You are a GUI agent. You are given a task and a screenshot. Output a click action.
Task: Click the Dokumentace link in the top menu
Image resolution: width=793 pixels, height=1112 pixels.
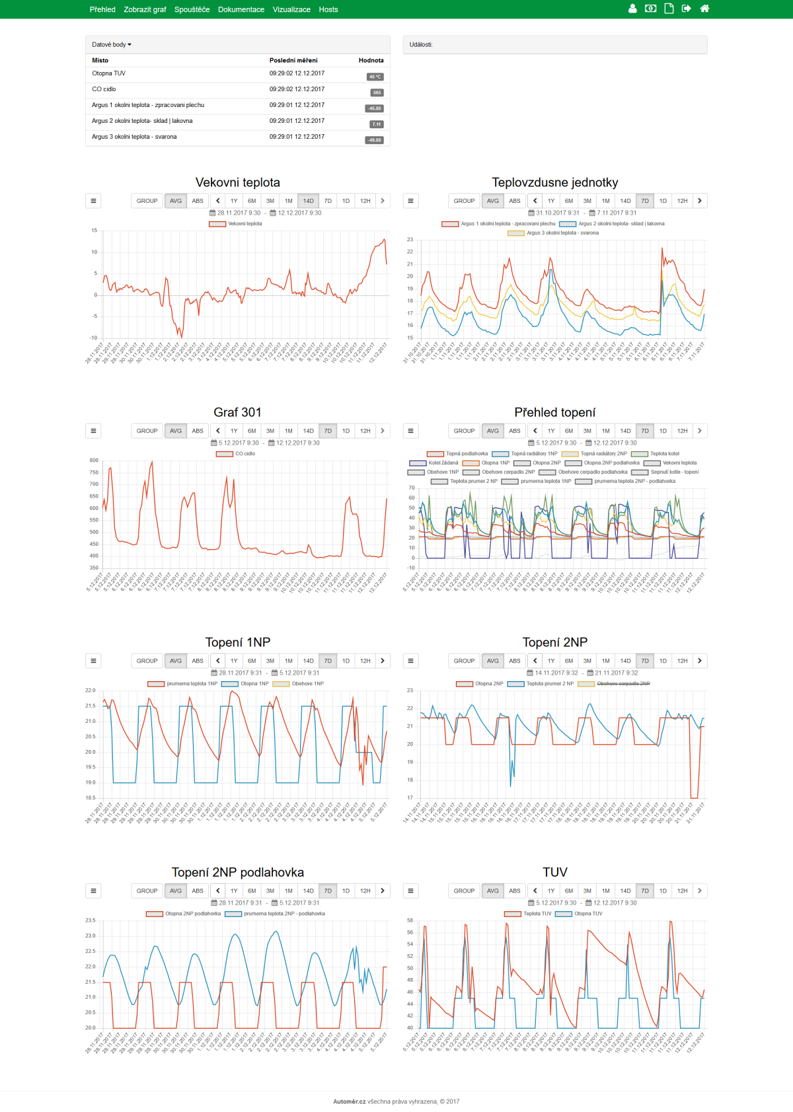[241, 9]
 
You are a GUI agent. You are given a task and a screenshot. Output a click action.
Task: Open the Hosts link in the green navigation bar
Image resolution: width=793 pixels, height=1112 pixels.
[328, 9]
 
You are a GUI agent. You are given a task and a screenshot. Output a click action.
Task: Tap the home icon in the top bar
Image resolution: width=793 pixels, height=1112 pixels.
[704, 9]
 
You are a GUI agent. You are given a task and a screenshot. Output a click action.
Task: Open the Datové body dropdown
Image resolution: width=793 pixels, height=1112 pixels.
[112, 44]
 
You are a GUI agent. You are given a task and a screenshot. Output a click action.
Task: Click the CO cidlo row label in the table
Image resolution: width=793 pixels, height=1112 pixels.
[104, 89]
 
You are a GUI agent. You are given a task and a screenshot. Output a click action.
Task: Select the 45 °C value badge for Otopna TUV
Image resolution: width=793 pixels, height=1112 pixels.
[375, 77]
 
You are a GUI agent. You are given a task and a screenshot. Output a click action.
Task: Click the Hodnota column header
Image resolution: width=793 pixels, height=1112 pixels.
[371, 60]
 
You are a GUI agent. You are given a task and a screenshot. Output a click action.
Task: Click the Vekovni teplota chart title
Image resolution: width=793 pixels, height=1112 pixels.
[237, 182]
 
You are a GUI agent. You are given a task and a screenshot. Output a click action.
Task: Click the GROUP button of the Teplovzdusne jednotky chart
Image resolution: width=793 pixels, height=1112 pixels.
[464, 201]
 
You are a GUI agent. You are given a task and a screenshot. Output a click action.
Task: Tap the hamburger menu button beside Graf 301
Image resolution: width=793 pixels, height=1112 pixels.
[93, 431]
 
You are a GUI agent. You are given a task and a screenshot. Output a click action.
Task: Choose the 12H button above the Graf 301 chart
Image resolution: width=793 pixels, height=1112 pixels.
[365, 431]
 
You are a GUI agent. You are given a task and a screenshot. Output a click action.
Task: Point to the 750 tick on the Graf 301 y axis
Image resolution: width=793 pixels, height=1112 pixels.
[94, 472]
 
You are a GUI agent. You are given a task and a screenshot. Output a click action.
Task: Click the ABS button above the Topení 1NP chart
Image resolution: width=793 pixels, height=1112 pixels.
[198, 661]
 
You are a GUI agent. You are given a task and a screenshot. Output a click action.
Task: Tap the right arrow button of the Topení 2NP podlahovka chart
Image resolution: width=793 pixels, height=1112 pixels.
[383, 891]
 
